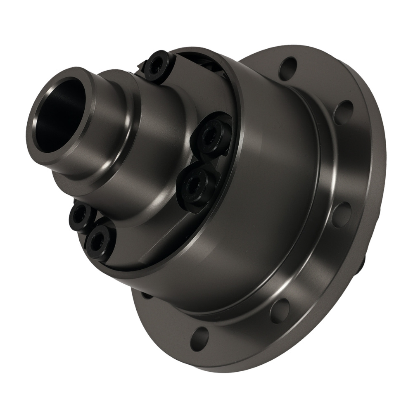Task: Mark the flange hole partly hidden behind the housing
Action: click(x=145, y=295)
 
